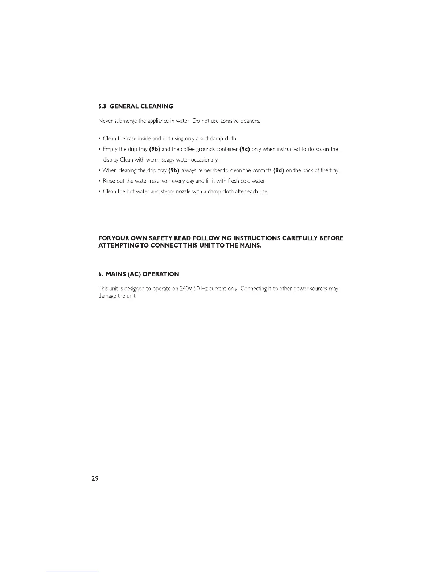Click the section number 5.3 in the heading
[x=102, y=106]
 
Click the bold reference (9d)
[x=278, y=170]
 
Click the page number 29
[x=95, y=478]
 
